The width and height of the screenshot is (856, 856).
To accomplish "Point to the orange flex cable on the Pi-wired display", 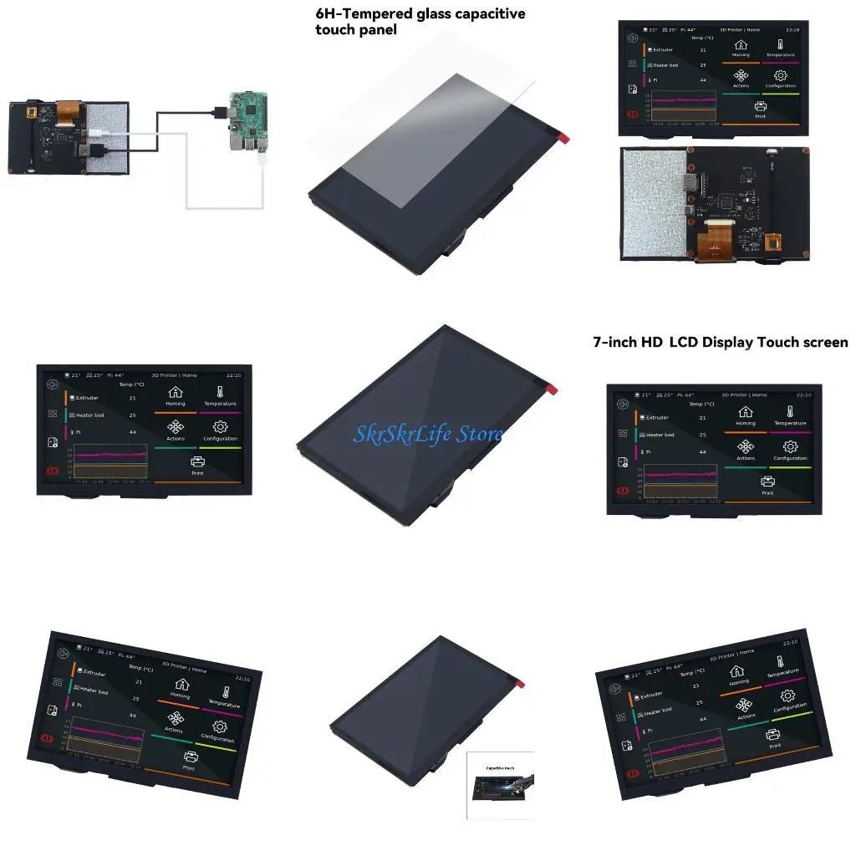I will [67, 110].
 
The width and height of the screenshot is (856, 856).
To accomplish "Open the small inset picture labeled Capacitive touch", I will [499, 785].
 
